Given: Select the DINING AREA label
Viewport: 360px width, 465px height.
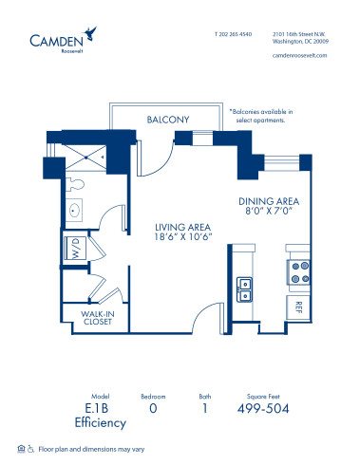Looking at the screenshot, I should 269,201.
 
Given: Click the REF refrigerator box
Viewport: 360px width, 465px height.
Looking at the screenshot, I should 296,307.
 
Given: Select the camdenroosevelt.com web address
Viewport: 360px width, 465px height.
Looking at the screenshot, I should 298,55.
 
